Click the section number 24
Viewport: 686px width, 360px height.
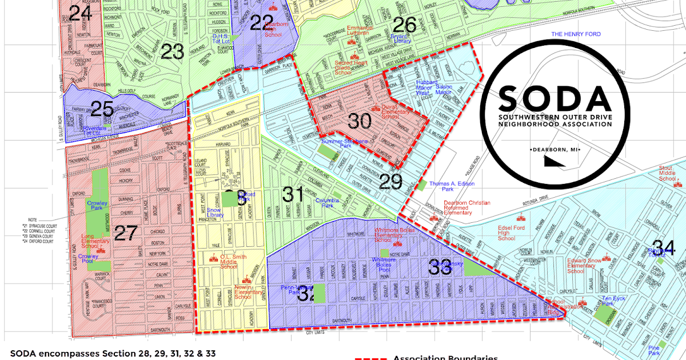[x=80, y=13]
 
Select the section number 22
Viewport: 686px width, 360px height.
[x=262, y=23]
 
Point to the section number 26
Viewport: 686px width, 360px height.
[x=404, y=25]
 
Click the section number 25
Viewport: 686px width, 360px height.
[x=102, y=108]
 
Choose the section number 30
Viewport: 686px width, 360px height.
[x=360, y=121]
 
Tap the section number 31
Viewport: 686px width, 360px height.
[x=293, y=194]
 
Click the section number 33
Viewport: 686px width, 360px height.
[x=440, y=267]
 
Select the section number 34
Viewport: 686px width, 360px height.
[x=664, y=248]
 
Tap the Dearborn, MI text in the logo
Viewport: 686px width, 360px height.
[x=555, y=149]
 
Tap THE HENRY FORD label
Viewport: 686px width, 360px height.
[x=576, y=34]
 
